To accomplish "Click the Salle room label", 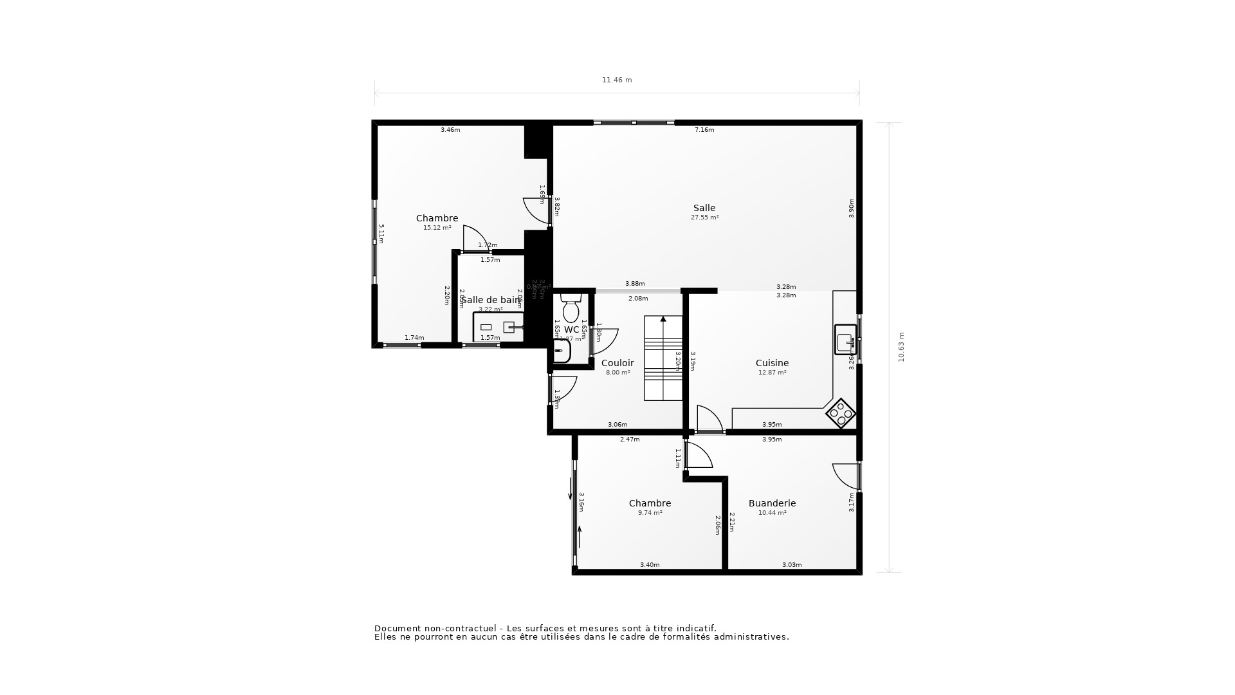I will tap(704, 208).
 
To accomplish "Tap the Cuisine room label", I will tap(772, 363).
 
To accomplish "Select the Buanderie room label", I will tap(772, 503).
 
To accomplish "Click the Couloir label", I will tap(617, 363).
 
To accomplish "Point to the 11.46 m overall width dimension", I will tap(617, 80).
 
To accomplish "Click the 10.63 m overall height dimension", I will tap(901, 347).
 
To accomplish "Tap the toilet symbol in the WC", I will tap(571, 308).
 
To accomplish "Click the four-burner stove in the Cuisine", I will tap(841, 414).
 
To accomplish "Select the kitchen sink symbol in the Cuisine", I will tap(845, 340).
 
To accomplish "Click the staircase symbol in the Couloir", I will tap(663, 358).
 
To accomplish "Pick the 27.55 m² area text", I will tap(704, 218).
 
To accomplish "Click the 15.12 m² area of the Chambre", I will tap(437, 228).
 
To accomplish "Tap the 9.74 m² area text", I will tap(650, 513).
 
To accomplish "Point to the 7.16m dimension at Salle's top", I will tap(704, 130).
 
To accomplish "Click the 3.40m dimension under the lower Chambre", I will tap(650, 565).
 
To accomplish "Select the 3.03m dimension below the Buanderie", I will tap(792, 565).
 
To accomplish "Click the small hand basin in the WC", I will tap(561, 351).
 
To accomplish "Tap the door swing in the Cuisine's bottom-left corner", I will tap(709, 419).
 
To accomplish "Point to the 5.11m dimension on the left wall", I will tap(381, 234).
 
